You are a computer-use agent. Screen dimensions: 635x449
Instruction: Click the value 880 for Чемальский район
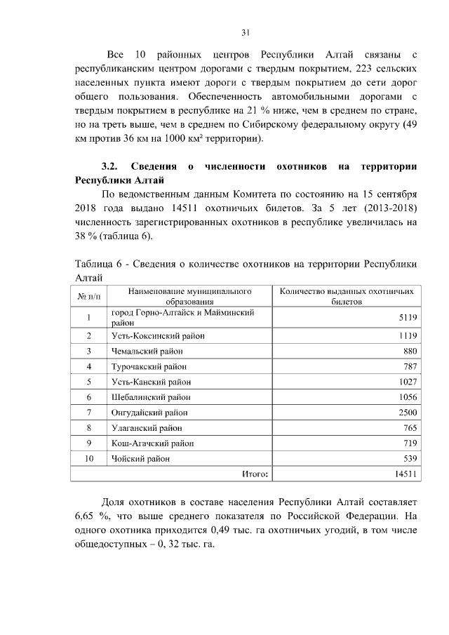coord(410,351)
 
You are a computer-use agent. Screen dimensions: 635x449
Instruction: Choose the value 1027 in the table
coord(408,382)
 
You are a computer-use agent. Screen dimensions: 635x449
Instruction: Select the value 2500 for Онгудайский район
coord(408,413)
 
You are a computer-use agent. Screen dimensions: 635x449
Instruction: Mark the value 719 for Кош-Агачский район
coord(410,443)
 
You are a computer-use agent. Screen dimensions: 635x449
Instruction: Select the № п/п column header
coord(89,296)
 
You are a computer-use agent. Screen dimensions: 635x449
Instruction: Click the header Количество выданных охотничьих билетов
coord(347,296)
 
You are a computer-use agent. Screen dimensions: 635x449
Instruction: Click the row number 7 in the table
coord(89,413)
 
